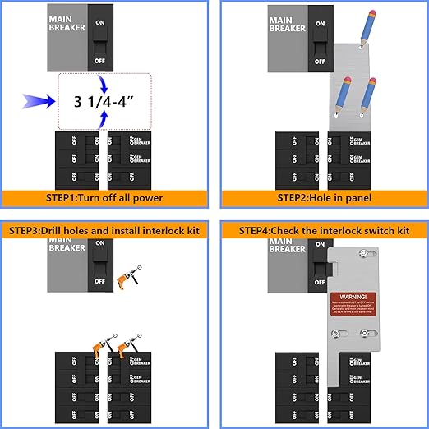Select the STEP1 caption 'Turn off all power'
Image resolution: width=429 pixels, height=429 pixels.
[104, 197]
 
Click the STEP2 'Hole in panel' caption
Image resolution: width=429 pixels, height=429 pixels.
[324, 197]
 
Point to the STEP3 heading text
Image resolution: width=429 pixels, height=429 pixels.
[105, 229]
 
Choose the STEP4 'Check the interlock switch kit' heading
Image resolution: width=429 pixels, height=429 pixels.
[324, 229]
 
